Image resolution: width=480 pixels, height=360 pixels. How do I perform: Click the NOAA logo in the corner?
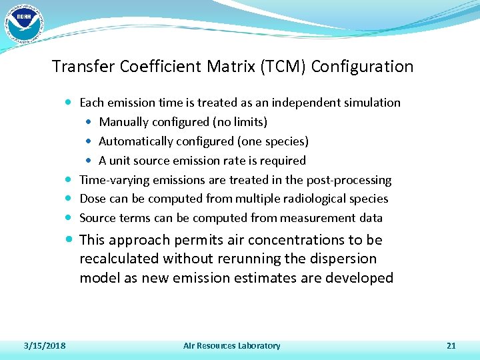(23, 23)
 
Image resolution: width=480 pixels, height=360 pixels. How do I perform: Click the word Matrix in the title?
(230, 67)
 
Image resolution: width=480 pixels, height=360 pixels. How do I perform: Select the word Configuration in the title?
(362, 67)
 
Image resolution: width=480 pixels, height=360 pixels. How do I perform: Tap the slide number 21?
(451, 345)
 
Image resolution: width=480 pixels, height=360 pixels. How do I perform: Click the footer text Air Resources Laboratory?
(231, 345)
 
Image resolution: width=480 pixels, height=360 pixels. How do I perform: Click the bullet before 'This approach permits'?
(71, 240)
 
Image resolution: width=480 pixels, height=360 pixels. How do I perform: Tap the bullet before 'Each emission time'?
(71, 103)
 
